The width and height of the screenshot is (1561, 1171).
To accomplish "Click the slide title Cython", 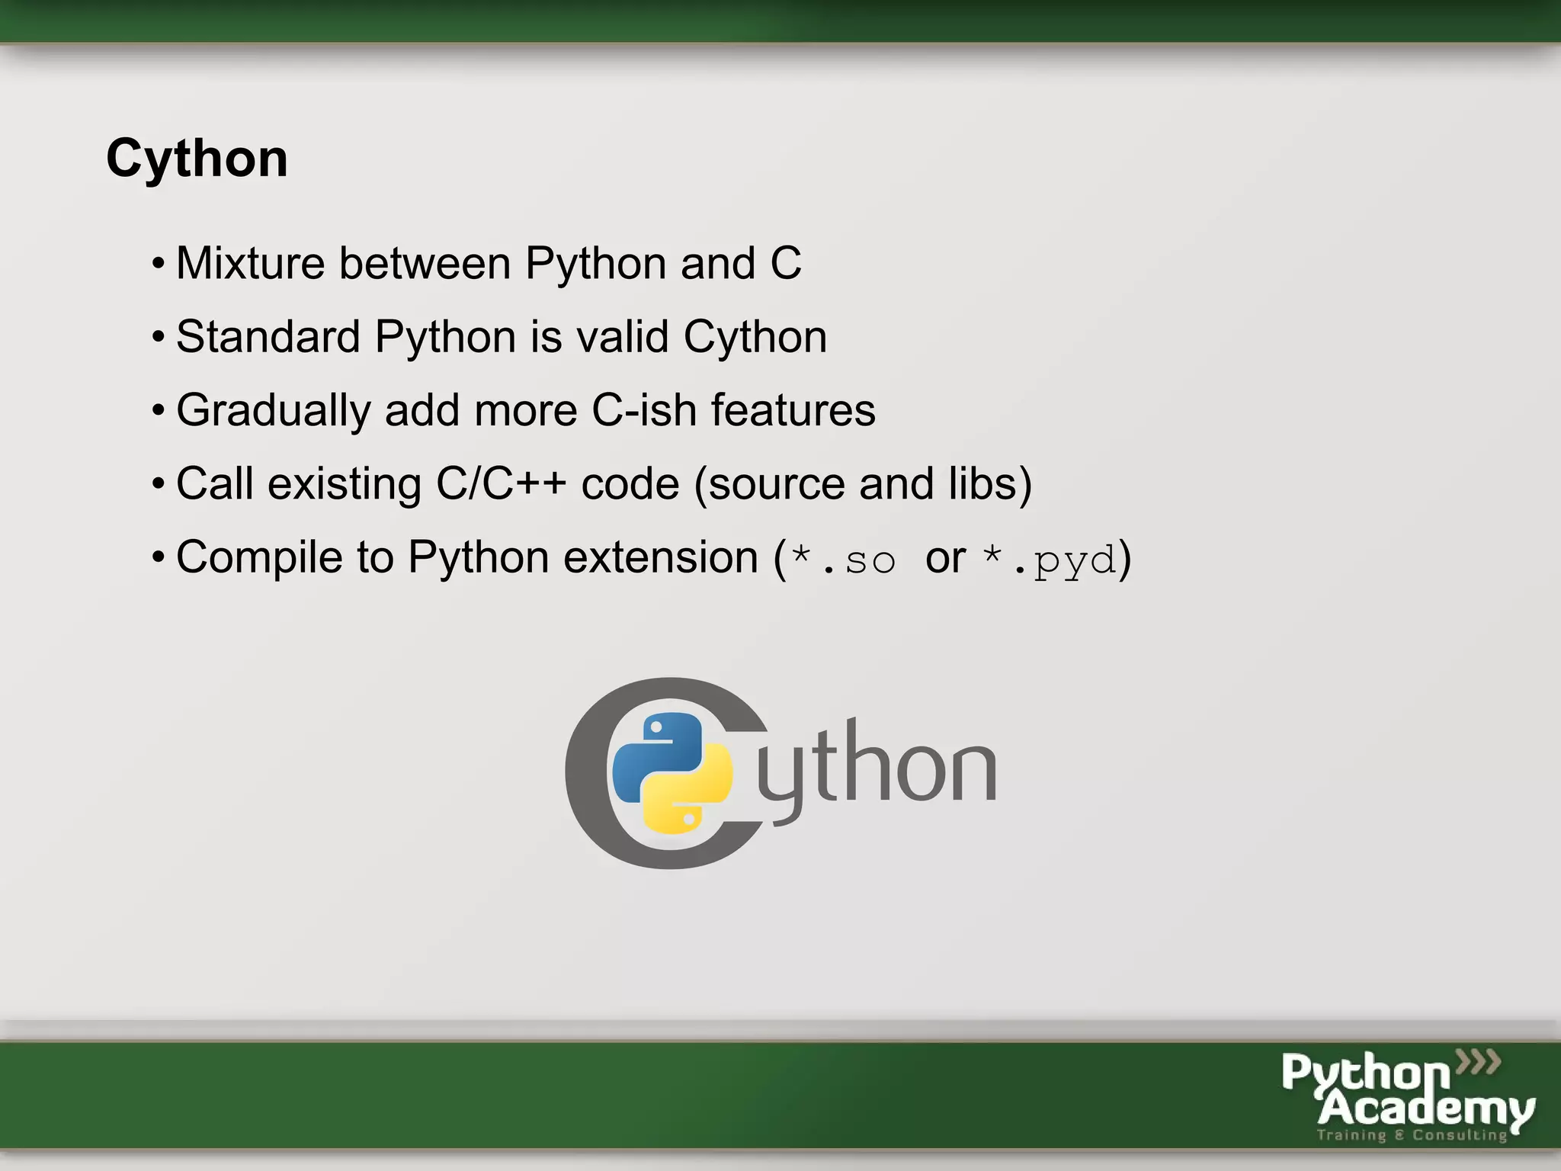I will tap(197, 159).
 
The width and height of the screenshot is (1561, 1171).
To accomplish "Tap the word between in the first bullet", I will tap(425, 264).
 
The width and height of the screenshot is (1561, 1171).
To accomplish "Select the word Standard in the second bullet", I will tap(268, 337).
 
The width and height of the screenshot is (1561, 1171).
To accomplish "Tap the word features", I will tap(793, 410).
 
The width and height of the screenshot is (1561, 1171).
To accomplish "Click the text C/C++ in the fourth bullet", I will tap(501, 484).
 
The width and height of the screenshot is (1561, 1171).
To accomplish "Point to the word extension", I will tap(661, 557).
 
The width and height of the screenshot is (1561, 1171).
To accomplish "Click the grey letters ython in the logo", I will tap(877, 770).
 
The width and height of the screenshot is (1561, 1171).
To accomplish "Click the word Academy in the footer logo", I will tap(1425, 1108).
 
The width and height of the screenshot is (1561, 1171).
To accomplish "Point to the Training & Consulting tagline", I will tap(1412, 1135).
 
